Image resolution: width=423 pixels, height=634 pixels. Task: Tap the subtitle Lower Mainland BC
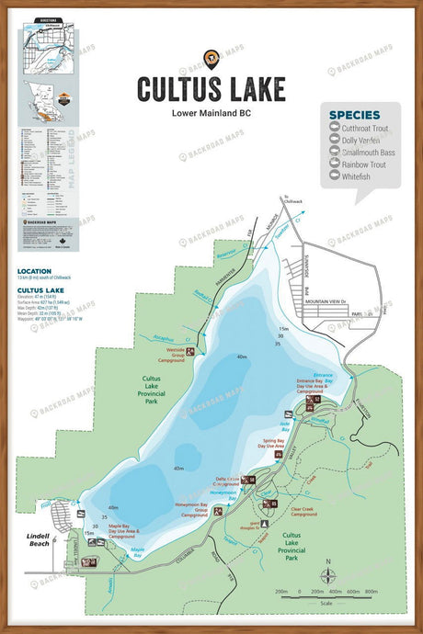(x=211, y=114)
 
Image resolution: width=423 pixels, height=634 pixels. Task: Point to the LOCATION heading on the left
(x=34, y=272)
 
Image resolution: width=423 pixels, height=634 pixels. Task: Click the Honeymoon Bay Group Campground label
(x=194, y=510)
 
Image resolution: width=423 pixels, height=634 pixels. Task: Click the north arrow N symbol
(x=326, y=561)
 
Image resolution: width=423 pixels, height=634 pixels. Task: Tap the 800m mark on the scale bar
(x=372, y=592)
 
